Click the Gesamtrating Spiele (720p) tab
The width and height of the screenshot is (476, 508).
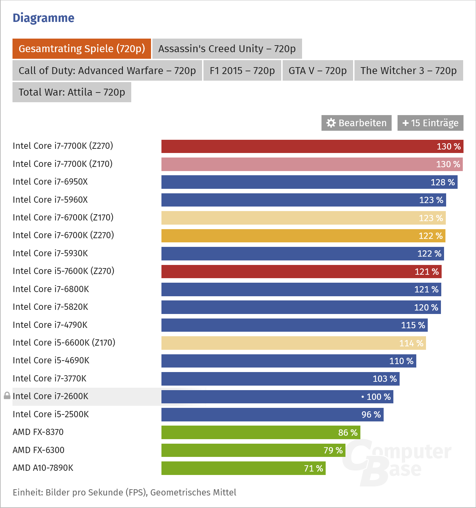[x=82, y=49]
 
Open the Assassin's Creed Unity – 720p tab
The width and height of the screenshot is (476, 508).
[x=227, y=49]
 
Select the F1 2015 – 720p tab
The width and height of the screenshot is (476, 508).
[x=242, y=71]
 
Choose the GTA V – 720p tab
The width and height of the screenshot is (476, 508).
[x=318, y=71]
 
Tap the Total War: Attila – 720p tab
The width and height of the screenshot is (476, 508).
[x=72, y=92]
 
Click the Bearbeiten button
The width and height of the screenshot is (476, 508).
[x=357, y=123]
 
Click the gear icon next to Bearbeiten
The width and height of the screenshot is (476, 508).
[x=331, y=123]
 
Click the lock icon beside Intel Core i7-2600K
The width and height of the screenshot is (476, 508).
[x=7, y=396]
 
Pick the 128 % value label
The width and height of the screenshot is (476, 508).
[x=443, y=182]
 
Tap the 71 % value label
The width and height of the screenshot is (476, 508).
[x=314, y=468]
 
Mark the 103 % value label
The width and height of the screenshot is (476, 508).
[x=385, y=379]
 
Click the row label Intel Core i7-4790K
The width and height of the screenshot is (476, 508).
[x=50, y=325]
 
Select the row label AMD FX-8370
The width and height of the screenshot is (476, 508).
[x=38, y=432]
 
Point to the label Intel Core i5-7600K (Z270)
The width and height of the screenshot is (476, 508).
[x=64, y=271]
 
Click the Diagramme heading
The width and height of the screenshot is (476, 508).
[x=43, y=18]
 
